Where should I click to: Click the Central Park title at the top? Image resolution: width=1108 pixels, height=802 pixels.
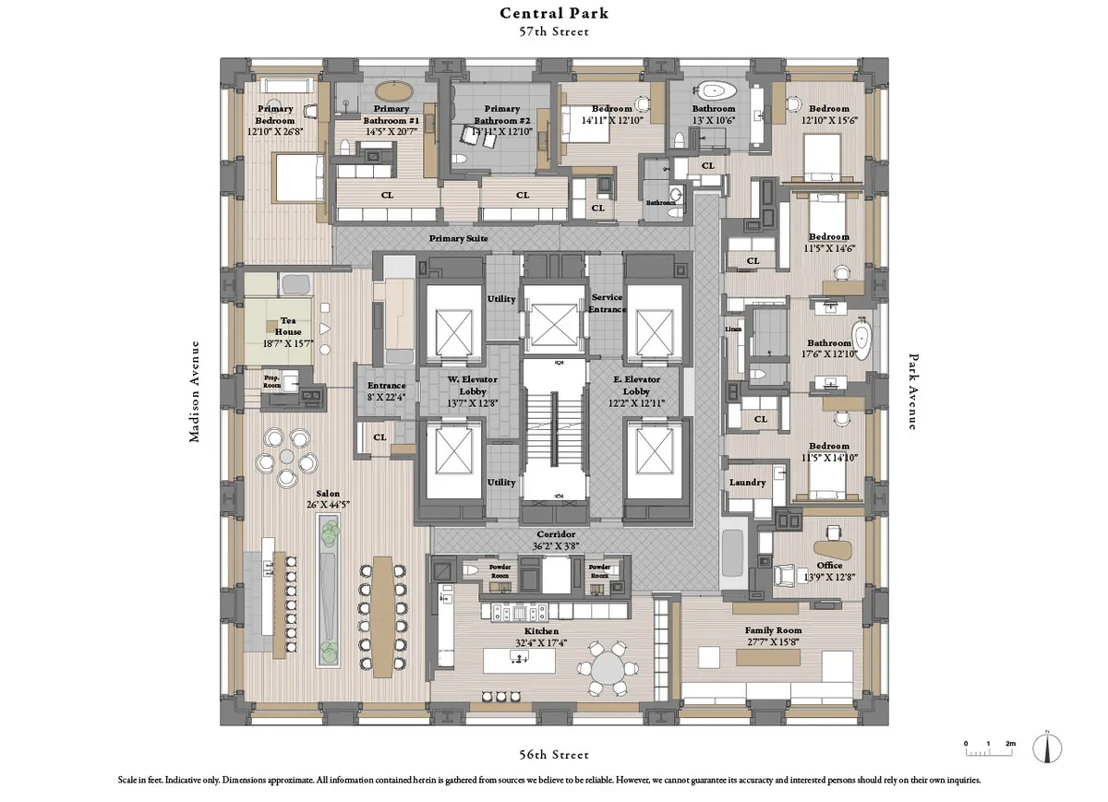pyautogui.click(x=554, y=13)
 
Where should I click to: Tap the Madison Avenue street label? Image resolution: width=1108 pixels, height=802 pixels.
pyautogui.click(x=195, y=391)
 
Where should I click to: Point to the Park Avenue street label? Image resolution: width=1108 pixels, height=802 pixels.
pyautogui.click(x=913, y=391)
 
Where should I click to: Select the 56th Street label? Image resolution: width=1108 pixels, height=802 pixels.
pyautogui.click(x=554, y=756)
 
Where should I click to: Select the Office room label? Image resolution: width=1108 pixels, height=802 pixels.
pyautogui.click(x=829, y=566)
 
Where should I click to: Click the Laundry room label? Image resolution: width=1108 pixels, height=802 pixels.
pyautogui.click(x=747, y=483)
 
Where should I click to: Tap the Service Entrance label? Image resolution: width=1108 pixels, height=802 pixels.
pyautogui.click(x=607, y=304)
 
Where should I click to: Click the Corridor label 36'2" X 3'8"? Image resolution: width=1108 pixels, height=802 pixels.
pyautogui.click(x=556, y=540)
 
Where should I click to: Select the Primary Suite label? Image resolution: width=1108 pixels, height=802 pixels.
pyautogui.click(x=459, y=238)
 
